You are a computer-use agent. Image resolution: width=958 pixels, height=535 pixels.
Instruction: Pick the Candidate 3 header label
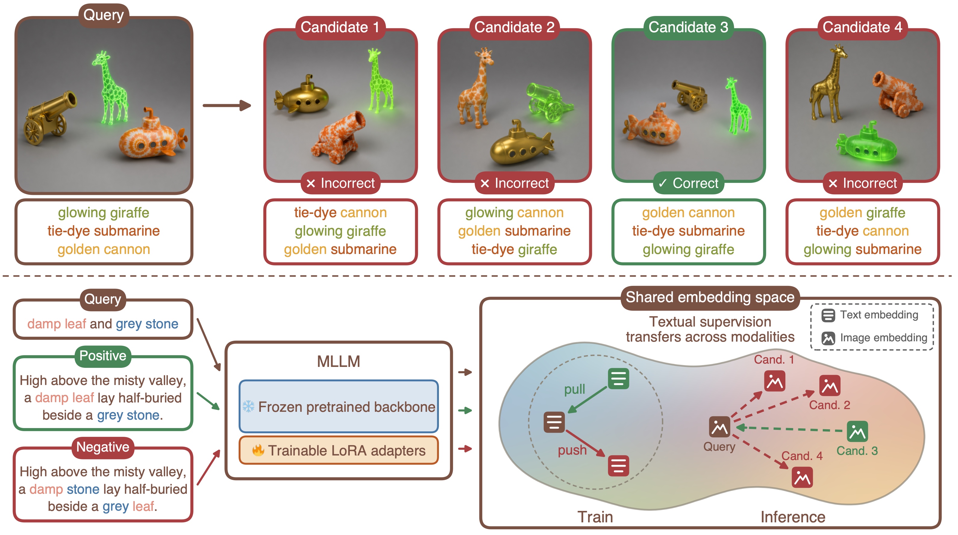coord(688,27)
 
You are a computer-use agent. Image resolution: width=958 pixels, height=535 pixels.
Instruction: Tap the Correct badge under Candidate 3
coord(688,183)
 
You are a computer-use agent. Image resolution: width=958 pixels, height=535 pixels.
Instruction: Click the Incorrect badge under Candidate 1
coord(340,183)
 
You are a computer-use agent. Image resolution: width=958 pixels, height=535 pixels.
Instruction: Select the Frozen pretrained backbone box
coord(338,406)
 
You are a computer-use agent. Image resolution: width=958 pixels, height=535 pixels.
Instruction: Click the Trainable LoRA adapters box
coord(338,450)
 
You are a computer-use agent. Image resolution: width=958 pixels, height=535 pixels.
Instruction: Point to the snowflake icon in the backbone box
coord(249,406)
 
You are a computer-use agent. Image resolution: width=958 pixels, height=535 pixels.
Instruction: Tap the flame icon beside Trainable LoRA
coord(258,450)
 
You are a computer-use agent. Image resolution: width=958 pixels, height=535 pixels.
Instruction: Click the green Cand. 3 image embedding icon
coord(857,431)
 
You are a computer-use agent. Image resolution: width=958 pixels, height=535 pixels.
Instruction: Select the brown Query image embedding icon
coord(719,427)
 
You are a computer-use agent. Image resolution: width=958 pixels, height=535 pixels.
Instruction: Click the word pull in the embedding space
coord(574,389)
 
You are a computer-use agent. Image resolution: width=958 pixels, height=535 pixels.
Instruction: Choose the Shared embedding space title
coord(710,297)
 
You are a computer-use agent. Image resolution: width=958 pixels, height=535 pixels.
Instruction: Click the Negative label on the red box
coord(103,447)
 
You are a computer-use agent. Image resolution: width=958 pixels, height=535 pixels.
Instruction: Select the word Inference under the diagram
coord(793,517)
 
